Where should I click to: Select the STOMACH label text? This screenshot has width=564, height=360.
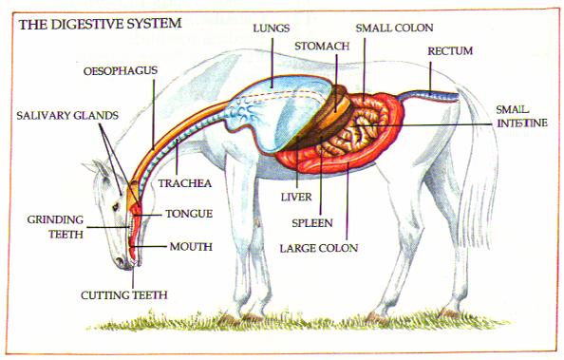tap(322, 46)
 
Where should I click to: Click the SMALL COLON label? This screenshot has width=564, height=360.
tap(396, 28)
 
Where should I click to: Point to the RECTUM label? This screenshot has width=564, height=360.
tap(449, 49)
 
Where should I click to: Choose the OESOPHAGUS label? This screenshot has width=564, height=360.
tap(120, 70)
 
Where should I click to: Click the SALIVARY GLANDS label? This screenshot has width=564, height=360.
tap(66, 115)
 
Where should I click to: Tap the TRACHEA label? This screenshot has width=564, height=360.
tap(183, 181)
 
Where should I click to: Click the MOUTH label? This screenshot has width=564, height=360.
tap(190, 246)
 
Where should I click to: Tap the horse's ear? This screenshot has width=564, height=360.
tap(95, 169)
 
